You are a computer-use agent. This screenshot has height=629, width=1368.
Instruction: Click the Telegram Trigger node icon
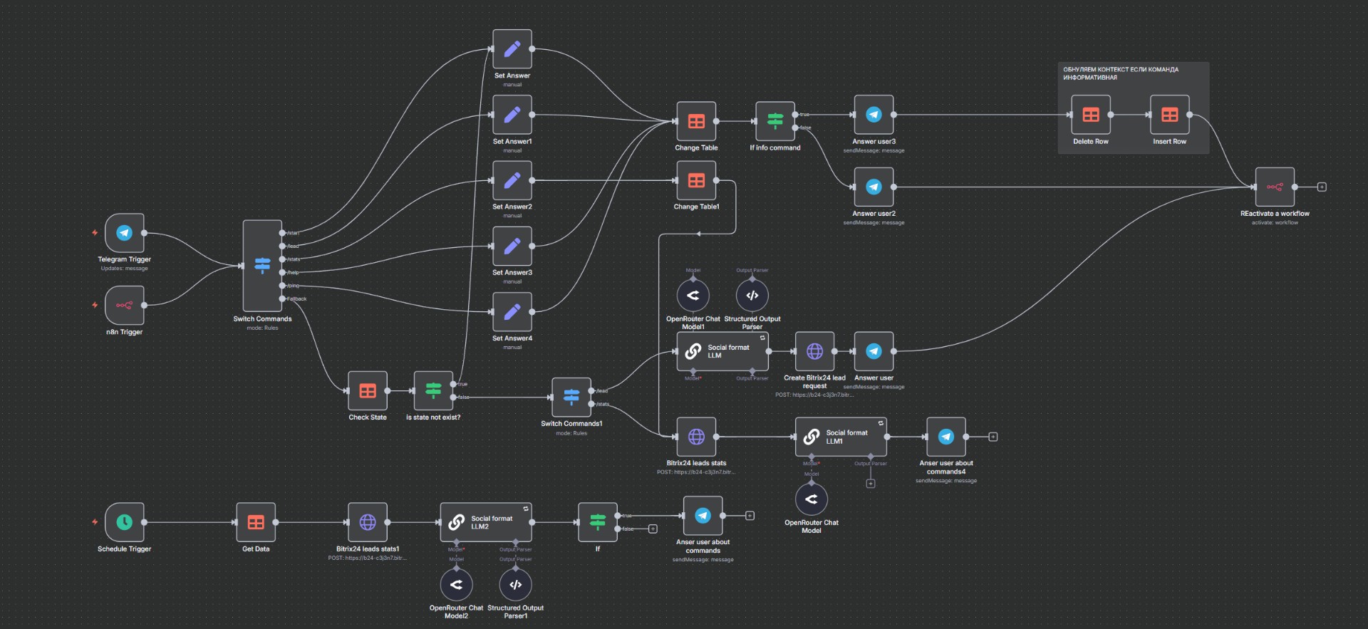click(125, 233)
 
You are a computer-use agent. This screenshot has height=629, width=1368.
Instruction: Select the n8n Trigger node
click(125, 306)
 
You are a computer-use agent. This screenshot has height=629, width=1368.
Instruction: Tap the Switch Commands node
click(262, 266)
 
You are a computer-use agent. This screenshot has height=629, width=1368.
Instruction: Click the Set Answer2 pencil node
click(512, 181)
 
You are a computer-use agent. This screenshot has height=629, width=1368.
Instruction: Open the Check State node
click(368, 390)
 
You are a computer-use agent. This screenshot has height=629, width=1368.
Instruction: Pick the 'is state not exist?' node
click(433, 390)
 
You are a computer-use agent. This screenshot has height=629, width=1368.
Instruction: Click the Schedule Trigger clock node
click(125, 522)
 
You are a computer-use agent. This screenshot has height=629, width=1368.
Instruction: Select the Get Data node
click(256, 522)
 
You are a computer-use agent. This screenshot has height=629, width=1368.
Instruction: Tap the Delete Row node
click(1091, 115)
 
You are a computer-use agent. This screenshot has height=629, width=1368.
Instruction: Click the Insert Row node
click(1169, 115)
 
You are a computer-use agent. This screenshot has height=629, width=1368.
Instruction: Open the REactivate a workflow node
click(1275, 187)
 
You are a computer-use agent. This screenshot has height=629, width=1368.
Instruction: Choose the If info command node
click(775, 121)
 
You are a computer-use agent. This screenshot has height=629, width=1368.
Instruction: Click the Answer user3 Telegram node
click(874, 115)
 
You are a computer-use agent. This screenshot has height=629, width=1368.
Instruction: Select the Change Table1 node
click(696, 181)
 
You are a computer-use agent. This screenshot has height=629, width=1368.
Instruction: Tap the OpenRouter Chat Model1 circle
click(693, 296)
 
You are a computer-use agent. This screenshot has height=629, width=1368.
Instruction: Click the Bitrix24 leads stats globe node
click(696, 437)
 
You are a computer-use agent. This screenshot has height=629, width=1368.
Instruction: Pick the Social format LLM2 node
click(486, 522)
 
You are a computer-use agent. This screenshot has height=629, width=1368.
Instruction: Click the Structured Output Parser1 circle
click(515, 585)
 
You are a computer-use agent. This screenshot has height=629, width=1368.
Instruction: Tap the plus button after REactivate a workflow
click(1322, 187)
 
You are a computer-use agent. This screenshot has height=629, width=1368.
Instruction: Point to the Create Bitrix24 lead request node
click(814, 351)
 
